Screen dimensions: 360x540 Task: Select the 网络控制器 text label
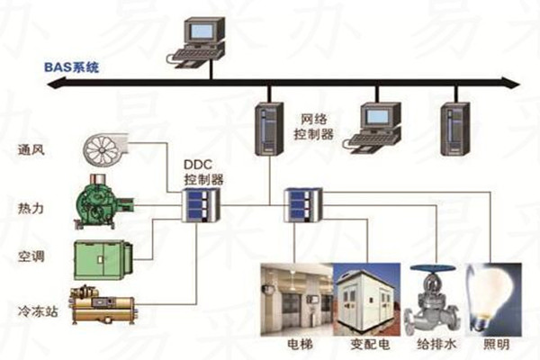tap(316, 126)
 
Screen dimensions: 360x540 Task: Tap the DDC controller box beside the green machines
tap(196, 208)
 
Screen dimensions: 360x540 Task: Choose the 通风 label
tap(31, 149)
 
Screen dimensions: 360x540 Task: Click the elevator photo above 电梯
tap(295, 297)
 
